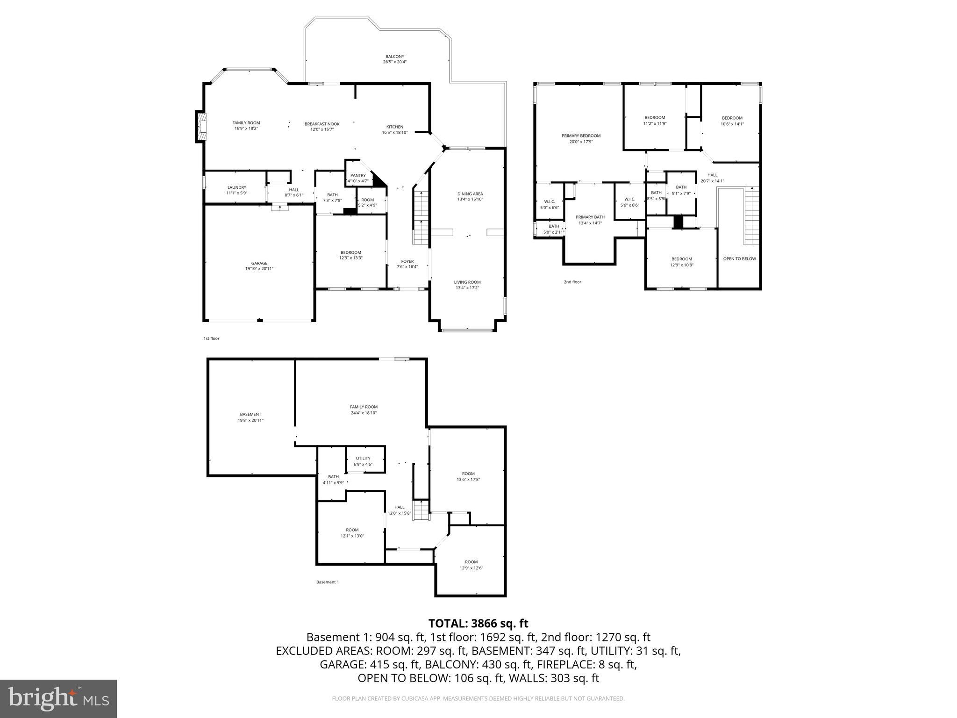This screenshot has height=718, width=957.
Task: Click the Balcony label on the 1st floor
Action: click(x=395, y=59)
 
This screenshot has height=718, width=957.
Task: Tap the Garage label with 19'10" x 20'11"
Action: click(x=259, y=266)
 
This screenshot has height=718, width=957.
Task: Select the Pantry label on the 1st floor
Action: click(x=358, y=178)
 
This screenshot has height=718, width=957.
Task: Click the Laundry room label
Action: click(x=236, y=190)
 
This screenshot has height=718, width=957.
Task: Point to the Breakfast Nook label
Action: click(x=322, y=127)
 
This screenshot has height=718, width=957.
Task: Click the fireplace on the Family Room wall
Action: click(x=200, y=126)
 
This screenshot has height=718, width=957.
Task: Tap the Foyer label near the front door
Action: click(x=407, y=264)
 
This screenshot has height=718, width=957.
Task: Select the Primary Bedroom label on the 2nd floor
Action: click(x=581, y=138)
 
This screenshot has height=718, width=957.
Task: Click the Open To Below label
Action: click(x=739, y=258)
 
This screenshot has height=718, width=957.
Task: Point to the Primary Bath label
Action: click(x=590, y=220)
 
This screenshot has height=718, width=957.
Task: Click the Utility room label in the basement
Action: click(x=363, y=461)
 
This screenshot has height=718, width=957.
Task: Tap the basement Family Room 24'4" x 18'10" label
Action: click(x=364, y=409)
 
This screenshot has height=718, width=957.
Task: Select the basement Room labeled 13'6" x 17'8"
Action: click(x=468, y=476)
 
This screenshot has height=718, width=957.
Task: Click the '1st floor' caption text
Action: click(x=211, y=338)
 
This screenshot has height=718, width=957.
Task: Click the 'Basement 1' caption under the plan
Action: click(x=327, y=582)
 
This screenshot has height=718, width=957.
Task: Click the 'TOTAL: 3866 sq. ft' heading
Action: click(x=478, y=623)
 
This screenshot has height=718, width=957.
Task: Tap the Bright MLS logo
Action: click(x=58, y=699)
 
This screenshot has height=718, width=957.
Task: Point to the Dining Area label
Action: click(x=470, y=196)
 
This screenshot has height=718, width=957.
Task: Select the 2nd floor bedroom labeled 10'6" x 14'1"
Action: click(x=732, y=121)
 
